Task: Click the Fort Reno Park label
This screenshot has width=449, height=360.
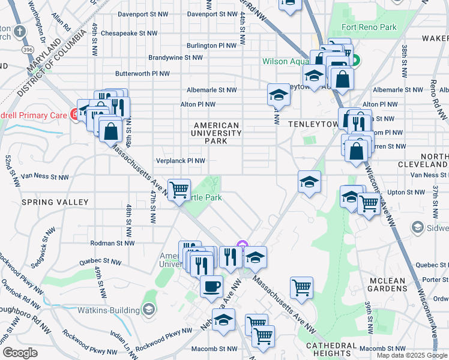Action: (x=369, y=27)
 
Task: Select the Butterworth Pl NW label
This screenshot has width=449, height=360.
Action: (x=143, y=73)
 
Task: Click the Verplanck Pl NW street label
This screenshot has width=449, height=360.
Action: (x=181, y=161)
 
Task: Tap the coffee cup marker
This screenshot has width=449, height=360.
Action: (x=211, y=286)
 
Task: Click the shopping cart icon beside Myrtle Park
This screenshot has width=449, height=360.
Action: (x=179, y=190)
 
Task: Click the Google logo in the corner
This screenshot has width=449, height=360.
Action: (x=20, y=353)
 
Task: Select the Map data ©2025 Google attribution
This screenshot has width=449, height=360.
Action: (x=412, y=355)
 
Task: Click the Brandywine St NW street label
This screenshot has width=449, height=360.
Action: (x=175, y=58)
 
